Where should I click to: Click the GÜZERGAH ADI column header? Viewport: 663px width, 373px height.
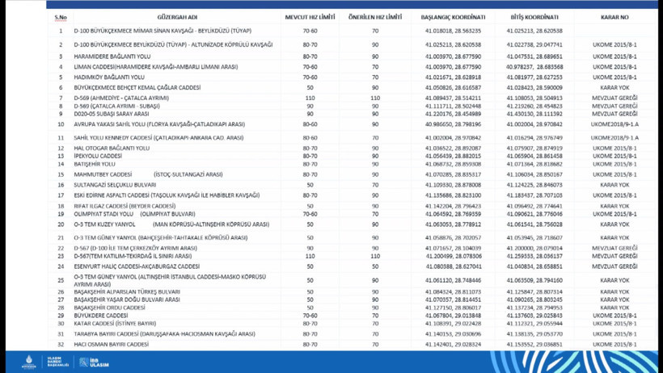pos(177,17)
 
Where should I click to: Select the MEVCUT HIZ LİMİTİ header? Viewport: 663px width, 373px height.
pos(310,17)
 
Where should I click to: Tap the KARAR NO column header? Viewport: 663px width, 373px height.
pos(614,17)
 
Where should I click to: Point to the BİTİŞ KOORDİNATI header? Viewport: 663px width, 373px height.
pos(534,17)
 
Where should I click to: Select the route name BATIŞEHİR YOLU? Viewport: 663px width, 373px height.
pos(95,164)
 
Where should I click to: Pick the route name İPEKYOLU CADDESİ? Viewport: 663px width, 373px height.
pos(98,156)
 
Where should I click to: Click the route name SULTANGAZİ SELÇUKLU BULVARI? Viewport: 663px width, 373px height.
pos(115,185)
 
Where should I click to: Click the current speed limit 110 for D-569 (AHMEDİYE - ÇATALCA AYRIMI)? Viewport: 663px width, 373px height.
pos(310,98)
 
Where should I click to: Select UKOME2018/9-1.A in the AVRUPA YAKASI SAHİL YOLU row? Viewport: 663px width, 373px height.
pos(614,124)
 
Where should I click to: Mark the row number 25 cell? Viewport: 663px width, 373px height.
pos(61,281)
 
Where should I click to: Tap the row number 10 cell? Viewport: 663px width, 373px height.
pos(61,124)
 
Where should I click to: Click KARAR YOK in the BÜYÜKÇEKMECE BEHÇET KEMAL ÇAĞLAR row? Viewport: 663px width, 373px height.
pos(614,88)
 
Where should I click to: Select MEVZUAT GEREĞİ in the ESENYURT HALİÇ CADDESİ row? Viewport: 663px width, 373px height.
pos(614,266)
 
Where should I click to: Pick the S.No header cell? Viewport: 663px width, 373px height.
pos(61,17)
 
